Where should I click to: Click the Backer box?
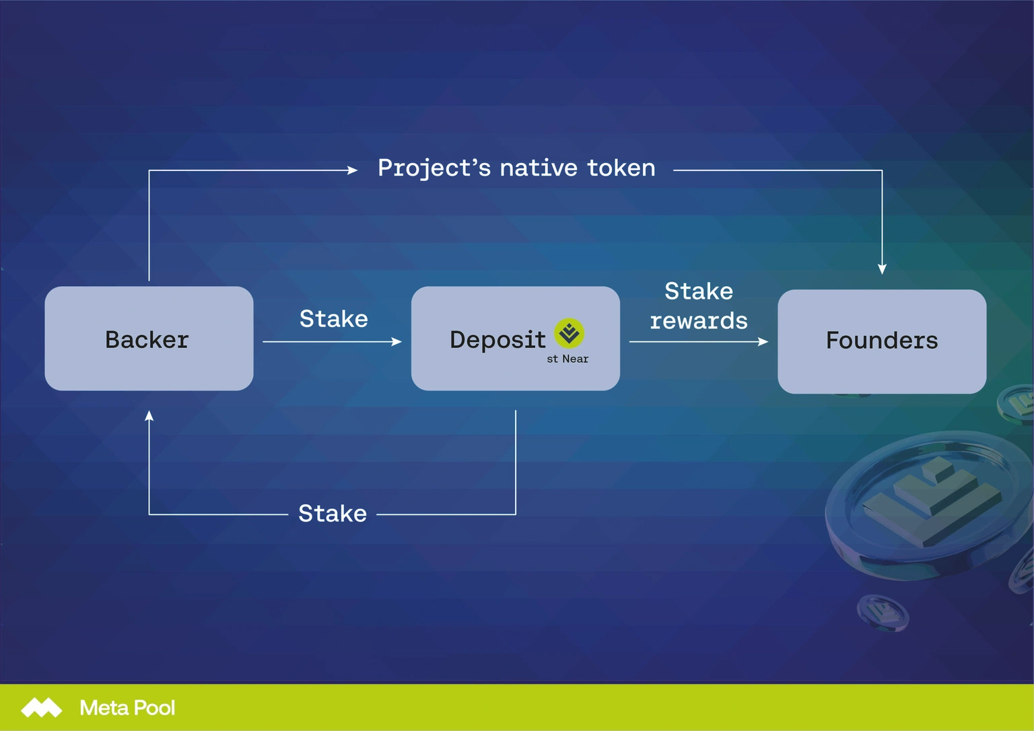tap(149, 339)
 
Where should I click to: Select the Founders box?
tap(881, 341)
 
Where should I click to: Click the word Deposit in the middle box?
tap(497, 340)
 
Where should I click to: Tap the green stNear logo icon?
tap(569, 333)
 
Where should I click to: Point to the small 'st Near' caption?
tap(567, 359)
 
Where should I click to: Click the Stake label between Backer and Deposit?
tap(333, 318)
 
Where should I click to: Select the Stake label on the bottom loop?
tap(333, 514)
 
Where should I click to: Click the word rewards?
tap(698, 321)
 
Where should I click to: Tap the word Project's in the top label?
tap(434, 168)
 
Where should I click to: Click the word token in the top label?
tap(621, 168)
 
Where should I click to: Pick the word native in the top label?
tap(539, 168)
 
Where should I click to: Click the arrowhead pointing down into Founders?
tap(882, 269)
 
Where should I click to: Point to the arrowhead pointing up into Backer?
tap(149, 416)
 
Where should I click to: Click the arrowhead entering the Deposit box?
tap(397, 342)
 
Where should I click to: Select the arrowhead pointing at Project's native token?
tap(352, 170)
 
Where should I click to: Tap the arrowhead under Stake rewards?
tap(763, 342)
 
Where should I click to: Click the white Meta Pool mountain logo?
tap(41, 707)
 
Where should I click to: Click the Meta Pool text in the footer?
tap(127, 707)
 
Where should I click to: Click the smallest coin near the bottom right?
tap(882, 612)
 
